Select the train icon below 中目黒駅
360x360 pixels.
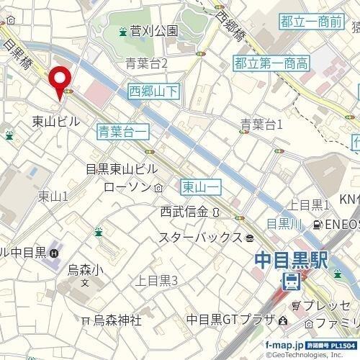coord(292,280)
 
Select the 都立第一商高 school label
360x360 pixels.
coord(271,64)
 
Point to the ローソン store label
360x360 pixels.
coord(127,187)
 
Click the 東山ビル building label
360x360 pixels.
coord(56,122)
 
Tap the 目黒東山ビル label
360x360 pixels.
coord(120,169)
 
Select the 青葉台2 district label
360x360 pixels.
coord(146,63)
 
